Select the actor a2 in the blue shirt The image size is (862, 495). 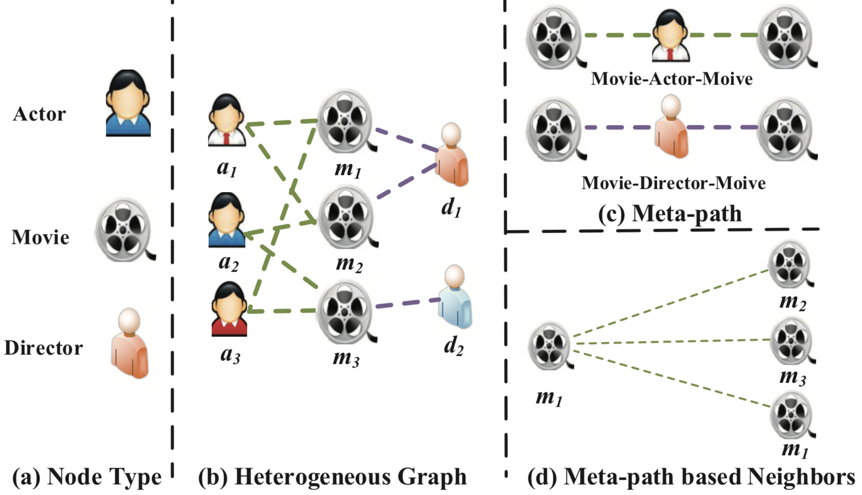pos(227,220)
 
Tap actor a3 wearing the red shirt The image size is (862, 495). pos(229,309)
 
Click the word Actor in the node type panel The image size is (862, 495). pos(39,114)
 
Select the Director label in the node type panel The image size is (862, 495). pos(43,348)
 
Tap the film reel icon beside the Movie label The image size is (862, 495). pos(123,229)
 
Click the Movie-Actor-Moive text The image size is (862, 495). pos(672,79)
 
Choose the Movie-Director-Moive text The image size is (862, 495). pos(673,183)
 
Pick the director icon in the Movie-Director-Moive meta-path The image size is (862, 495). pos(671,127)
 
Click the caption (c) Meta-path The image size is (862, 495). pos(670,213)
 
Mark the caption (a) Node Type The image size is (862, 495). pos(86,477)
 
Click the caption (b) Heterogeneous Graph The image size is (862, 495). pos(332,477)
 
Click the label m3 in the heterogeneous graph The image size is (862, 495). pos(346,358)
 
